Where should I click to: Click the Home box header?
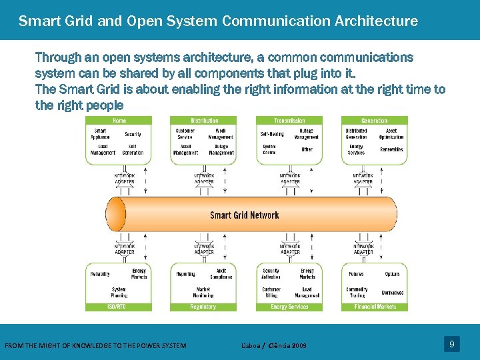coord(119,121)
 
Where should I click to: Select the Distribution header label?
coord(204,121)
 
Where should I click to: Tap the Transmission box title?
coord(289,121)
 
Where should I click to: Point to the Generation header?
coord(374,121)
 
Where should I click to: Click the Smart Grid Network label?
coord(245,215)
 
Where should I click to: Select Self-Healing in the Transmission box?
coord(272,134)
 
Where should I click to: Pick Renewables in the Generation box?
coord(391,150)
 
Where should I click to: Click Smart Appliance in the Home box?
coord(100,134)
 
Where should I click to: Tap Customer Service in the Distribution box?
coord(185,134)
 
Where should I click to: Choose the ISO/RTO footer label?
coord(117,307)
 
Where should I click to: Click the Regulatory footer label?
coord(203,307)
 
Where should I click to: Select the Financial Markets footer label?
coord(374,307)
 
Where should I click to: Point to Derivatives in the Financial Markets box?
coord(392,293)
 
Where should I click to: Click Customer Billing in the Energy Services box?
coord(271,292)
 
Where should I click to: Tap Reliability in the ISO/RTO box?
coord(101,274)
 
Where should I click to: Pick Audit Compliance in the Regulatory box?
coord(221,274)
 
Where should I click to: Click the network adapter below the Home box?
coord(125,179)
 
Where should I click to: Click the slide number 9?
coord(452,344)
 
